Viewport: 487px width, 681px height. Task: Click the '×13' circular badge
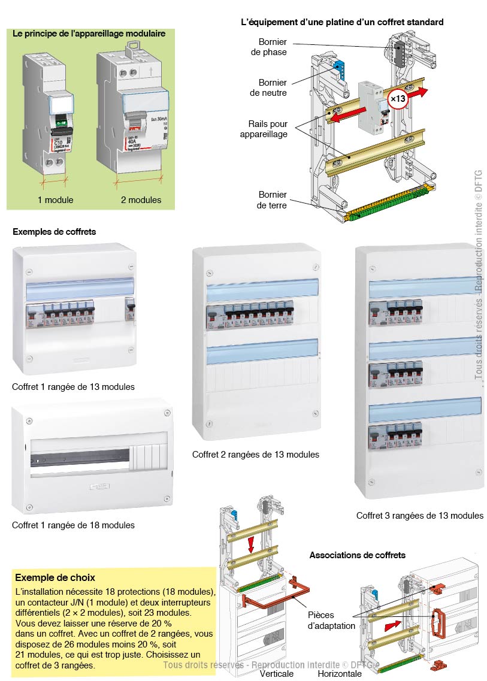398,98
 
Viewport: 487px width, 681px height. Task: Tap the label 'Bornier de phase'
273,47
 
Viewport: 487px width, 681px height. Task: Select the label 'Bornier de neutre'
273,87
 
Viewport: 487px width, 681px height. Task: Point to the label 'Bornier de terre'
273,200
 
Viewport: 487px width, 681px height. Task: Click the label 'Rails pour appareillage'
268,129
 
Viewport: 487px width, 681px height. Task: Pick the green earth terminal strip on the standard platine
383,204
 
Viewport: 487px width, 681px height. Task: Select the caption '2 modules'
141,199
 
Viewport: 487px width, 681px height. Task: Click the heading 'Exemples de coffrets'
54,231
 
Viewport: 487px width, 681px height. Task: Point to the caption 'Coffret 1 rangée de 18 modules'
73,525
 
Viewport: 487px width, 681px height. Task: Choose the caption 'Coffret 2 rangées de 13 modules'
256,455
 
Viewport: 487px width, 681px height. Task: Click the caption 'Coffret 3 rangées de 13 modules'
419,515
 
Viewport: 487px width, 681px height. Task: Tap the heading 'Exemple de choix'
55,577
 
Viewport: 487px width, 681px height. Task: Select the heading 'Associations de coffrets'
357,555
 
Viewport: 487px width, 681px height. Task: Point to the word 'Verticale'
277,673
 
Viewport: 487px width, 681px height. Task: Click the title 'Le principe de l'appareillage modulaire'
89,34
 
